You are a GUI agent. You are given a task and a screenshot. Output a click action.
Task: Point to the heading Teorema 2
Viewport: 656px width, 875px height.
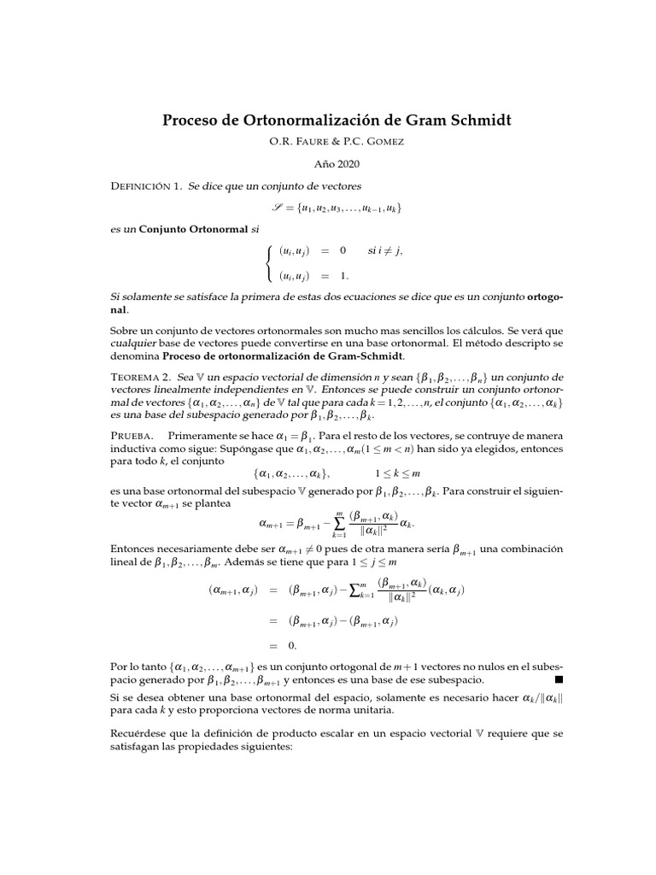tap(139, 376)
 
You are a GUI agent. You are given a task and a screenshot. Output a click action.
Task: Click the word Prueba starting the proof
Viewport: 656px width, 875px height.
tap(132, 435)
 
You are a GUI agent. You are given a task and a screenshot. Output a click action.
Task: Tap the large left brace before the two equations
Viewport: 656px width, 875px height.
tap(270, 263)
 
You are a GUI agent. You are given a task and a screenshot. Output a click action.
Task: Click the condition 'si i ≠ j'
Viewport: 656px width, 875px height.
tap(384, 250)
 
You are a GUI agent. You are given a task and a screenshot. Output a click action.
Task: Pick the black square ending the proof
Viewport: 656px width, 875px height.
tap(559, 680)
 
